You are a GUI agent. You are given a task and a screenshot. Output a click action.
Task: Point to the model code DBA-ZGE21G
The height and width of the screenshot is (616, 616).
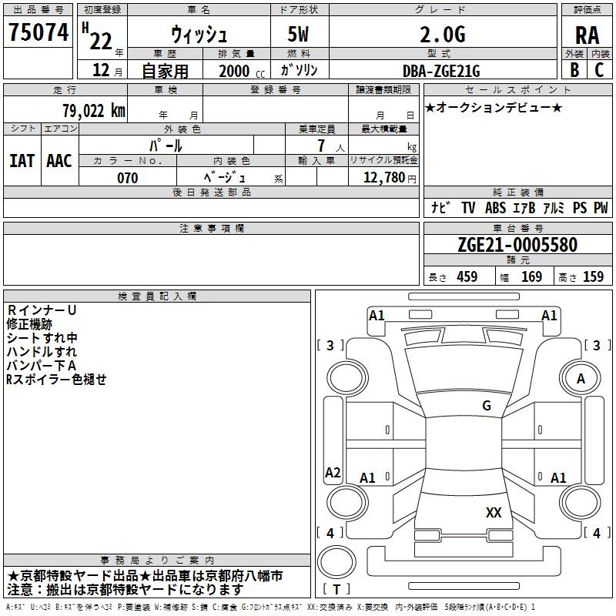point(441,70)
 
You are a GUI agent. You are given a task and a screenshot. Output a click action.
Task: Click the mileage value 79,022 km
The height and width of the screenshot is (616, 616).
point(93,110)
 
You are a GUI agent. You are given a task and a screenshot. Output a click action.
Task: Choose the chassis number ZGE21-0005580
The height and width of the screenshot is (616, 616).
point(517,245)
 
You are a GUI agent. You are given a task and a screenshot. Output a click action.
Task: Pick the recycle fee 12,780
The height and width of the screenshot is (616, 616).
point(383,178)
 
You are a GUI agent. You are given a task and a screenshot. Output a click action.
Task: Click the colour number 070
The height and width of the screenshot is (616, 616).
point(127,178)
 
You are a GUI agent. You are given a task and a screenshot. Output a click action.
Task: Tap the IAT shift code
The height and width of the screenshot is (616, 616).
point(22,161)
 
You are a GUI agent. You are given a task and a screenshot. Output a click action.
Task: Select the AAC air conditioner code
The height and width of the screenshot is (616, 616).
point(59,161)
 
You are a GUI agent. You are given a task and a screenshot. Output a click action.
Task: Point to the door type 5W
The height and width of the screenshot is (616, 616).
point(299,35)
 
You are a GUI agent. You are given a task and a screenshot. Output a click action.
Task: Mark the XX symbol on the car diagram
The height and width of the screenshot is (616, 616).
point(494,513)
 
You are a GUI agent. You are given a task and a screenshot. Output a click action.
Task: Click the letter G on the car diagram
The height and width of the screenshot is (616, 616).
point(487,405)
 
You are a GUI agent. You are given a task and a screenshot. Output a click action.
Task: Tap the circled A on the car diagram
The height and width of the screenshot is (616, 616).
point(581,378)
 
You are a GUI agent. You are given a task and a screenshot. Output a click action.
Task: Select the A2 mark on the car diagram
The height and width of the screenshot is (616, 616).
point(333,473)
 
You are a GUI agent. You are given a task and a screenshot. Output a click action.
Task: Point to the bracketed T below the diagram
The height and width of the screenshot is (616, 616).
point(336,590)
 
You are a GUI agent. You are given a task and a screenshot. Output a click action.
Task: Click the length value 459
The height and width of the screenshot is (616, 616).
point(467,276)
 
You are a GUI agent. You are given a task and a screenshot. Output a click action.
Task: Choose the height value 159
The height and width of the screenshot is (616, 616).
point(593,276)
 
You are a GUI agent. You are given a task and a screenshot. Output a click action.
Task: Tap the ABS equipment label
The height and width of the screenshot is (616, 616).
point(495,207)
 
